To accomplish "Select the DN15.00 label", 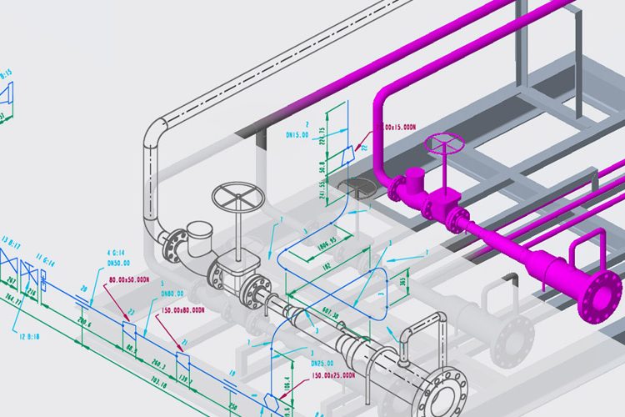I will [297, 133].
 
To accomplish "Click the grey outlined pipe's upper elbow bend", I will [153, 134].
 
